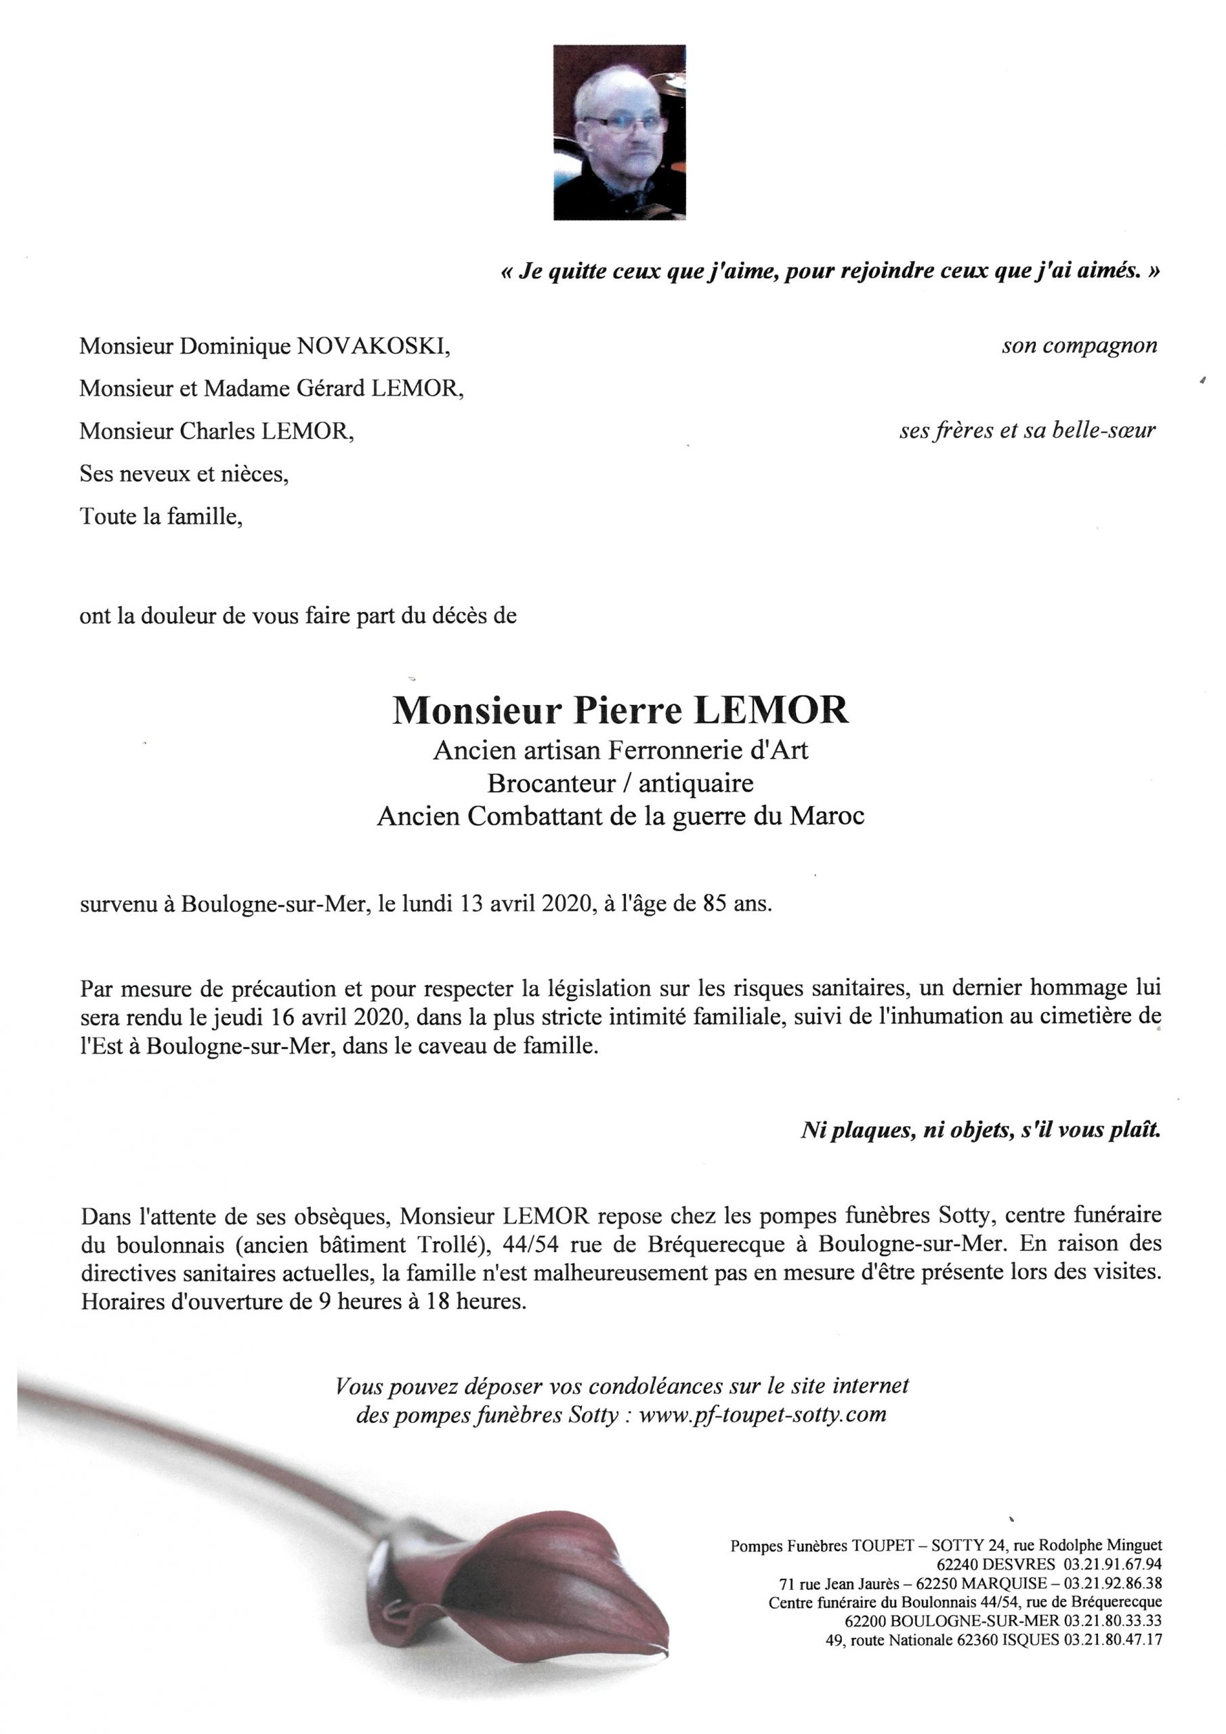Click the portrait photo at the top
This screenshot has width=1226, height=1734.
(x=619, y=132)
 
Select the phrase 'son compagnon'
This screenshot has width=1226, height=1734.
(x=1080, y=346)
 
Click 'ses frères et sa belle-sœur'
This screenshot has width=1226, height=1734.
(x=1028, y=431)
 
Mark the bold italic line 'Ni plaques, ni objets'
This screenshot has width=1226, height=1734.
(x=979, y=1131)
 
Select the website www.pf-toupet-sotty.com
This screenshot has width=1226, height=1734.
(x=762, y=1414)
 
